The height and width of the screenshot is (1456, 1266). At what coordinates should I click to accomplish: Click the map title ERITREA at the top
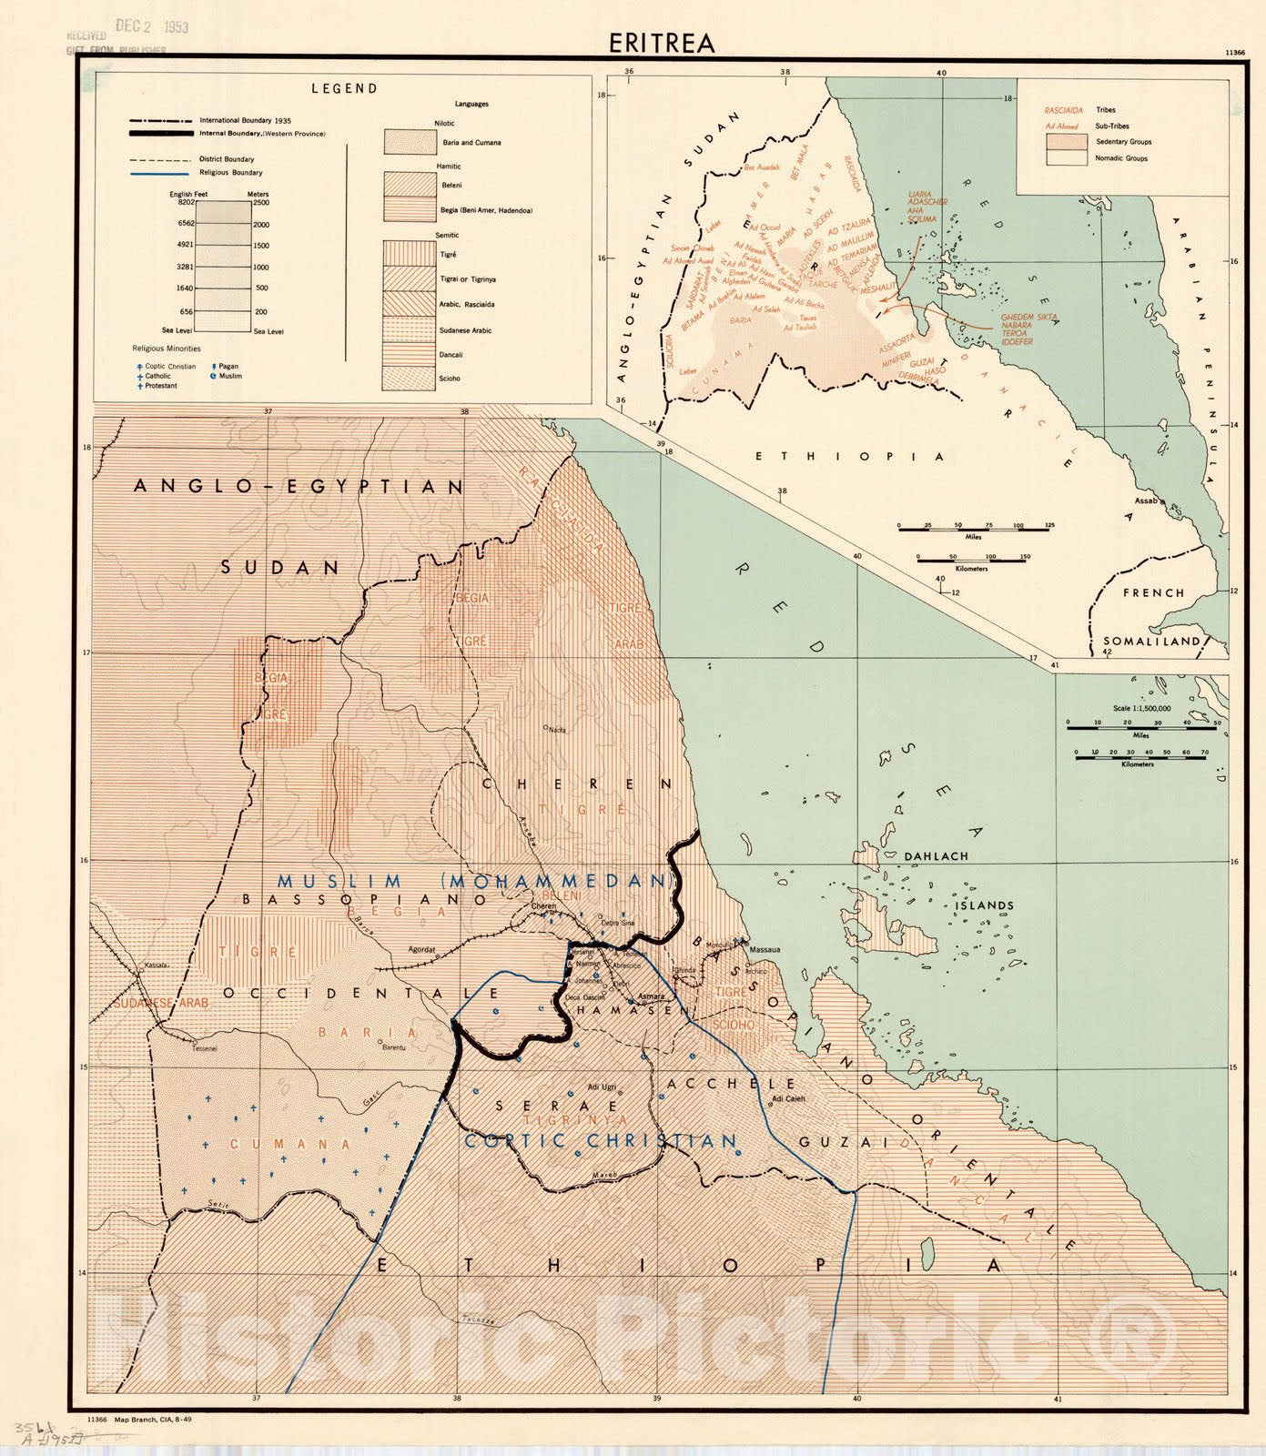[x=663, y=43]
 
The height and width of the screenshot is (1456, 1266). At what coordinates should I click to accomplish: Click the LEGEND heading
[x=344, y=89]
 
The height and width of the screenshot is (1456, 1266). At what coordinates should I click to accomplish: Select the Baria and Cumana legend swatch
[x=410, y=143]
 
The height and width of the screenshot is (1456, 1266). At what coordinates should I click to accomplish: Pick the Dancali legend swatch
[x=410, y=354]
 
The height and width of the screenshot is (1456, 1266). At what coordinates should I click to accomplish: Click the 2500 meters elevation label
[x=260, y=203]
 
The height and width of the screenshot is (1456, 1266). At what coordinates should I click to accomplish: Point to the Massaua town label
[x=765, y=950]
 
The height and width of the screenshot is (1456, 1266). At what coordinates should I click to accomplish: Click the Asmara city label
[x=651, y=996]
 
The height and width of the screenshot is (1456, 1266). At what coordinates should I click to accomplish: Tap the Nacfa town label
[x=555, y=730]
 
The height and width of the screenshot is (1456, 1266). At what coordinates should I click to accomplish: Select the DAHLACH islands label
[x=936, y=856]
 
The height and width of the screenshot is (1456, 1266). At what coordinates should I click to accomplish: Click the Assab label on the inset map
[x=1145, y=501]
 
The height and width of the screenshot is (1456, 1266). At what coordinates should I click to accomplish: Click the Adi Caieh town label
[x=787, y=1099]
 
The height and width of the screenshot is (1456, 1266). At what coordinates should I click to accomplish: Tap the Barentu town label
[x=393, y=1048]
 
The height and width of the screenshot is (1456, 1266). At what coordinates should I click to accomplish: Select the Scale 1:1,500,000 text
[x=1141, y=708]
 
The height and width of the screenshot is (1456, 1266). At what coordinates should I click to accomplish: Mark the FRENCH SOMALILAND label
[x=1153, y=616]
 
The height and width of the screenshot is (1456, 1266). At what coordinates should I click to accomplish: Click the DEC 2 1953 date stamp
[x=151, y=26]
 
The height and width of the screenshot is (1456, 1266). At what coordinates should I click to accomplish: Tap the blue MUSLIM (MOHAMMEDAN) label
[x=476, y=882]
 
